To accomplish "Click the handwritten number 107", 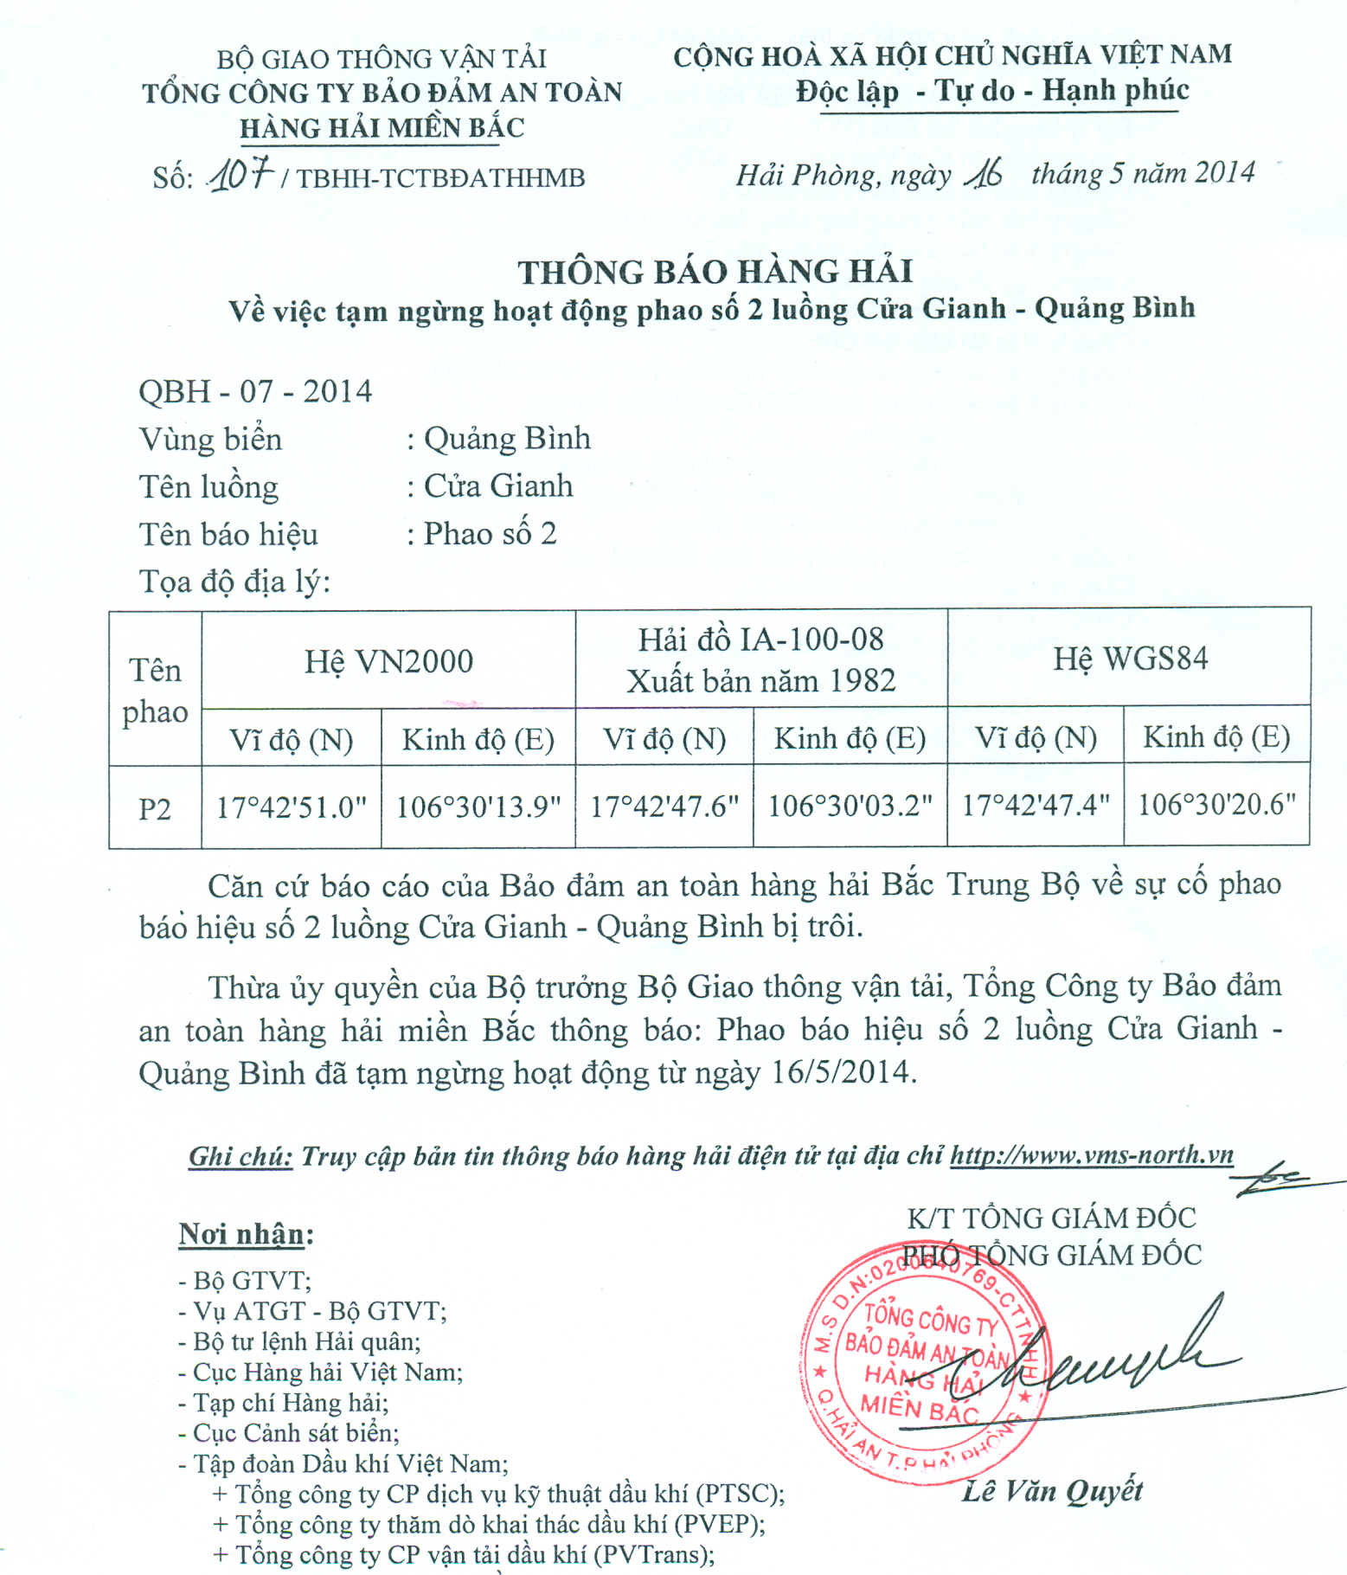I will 241,175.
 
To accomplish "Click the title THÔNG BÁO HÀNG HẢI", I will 715,272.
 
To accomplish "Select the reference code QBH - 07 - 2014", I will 255,391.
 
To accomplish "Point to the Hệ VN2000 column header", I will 388,662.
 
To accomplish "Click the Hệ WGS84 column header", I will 1130,659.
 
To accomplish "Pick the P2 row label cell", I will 155,808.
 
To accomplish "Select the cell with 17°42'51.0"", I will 292,807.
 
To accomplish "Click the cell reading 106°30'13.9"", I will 478,807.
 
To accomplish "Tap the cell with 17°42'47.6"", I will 664,807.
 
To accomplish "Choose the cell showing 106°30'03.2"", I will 850,806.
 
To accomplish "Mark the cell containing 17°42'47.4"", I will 1036,805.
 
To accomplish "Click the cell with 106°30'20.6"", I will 1216,804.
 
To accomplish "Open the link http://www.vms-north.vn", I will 1092,1155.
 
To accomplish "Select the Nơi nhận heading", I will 246,1234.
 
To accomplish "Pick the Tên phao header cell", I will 155,691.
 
